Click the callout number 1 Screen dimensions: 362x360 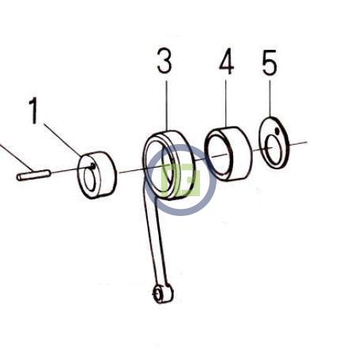pos(33,111)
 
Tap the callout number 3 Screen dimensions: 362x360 pos(164,61)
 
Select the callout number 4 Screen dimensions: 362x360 pos(226,61)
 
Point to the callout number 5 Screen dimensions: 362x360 pos(270,63)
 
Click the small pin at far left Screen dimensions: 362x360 pos(34,175)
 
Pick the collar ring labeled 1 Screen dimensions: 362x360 pos(97,175)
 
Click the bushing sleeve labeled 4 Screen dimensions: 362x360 pos(228,154)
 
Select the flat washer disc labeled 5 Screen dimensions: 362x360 pos(274,142)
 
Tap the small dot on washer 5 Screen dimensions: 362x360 pos(277,131)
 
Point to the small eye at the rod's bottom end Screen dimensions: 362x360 pos(159,294)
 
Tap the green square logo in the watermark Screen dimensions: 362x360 pos(181,180)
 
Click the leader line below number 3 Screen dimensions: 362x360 pos(167,106)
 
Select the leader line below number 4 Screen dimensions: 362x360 pos(226,104)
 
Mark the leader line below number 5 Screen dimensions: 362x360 pos(270,98)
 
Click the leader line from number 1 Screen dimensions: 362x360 pos(62,140)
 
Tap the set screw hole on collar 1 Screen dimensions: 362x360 pos(92,165)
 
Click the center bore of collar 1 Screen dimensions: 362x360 pos(89,180)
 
